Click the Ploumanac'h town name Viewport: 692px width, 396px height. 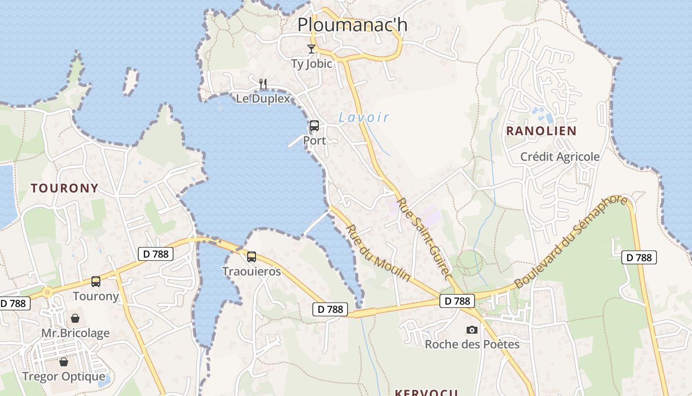[x=352, y=24]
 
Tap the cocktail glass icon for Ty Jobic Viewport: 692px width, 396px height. [x=311, y=49]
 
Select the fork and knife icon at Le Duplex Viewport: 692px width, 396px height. [x=263, y=84]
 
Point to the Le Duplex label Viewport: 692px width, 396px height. [x=262, y=99]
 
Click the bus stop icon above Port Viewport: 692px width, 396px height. [x=314, y=126]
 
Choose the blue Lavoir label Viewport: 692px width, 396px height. [x=364, y=117]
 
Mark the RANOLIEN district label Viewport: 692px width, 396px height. [x=541, y=131]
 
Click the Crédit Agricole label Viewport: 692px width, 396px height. [x=560, y=157]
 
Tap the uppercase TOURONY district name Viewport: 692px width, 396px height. [x=65, y=188]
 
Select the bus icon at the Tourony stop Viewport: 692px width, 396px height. [x=96, y=282]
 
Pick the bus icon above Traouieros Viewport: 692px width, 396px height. [x=252, y=257]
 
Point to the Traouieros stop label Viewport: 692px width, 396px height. [x=252, y=271]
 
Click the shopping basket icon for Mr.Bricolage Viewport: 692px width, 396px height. [x=75, y=318]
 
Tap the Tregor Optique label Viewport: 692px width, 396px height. [x=64, y=377]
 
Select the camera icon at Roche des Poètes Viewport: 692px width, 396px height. [x=472, y=330]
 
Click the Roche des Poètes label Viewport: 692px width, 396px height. [x=472, y=344]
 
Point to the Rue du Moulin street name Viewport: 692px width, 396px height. [x=378, y=253]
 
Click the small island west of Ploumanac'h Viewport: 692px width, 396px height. [x=130, y=82]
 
